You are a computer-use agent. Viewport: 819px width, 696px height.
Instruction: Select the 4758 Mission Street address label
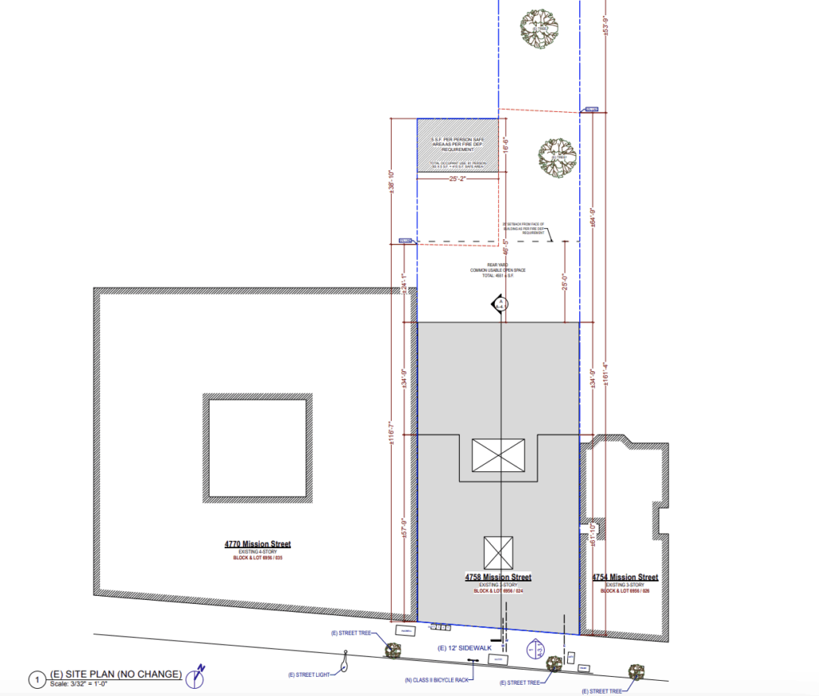497,577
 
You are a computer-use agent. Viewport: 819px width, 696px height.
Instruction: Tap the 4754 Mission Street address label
625,577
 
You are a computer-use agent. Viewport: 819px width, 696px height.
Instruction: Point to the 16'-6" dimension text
505,146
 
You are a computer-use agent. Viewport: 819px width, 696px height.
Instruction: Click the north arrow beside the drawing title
196,678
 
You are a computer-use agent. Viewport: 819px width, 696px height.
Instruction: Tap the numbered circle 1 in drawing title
37,680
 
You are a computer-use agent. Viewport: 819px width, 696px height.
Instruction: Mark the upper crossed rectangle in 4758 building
498,454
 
